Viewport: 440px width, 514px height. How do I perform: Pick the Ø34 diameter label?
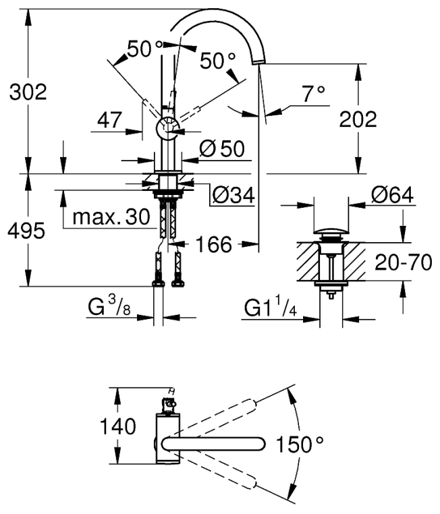coord(233,196)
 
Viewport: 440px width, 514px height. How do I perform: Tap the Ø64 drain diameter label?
coord(392,195)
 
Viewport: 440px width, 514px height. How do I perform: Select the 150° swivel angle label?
coord(300,445)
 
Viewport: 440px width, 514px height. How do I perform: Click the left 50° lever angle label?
coord(144,49)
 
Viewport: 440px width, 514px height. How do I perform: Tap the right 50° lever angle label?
coord(217,61)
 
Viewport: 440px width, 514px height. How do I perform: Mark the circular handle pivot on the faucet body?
coord(167,128)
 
